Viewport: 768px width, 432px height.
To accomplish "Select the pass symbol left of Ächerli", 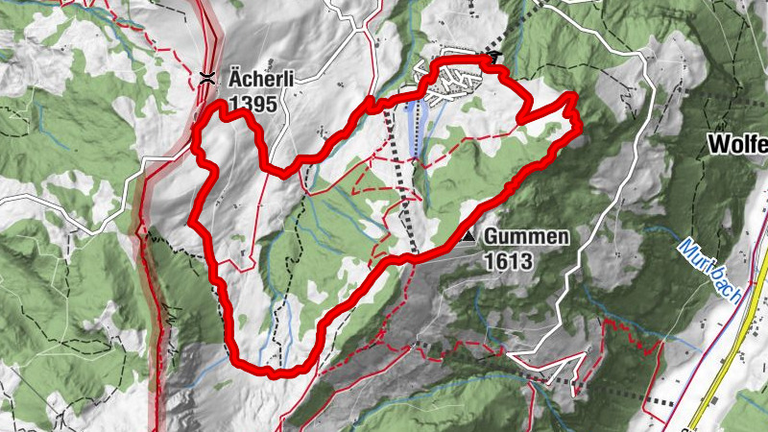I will point(206,79).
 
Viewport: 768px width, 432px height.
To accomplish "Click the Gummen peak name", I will point(526,236).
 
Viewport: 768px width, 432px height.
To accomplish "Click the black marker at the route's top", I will point(494,59).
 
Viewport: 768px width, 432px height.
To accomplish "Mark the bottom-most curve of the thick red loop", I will point(274,371).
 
